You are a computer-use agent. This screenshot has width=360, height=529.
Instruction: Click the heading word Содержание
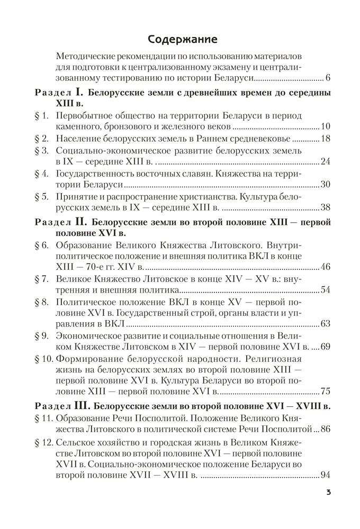point(179,39)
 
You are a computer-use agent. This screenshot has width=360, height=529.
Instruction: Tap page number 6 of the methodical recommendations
point(328,79)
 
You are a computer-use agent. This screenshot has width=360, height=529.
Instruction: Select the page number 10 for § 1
point(325,127)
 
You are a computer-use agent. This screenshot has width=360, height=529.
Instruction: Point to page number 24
point(325,162)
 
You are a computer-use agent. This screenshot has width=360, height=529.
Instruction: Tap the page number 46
point(325,266)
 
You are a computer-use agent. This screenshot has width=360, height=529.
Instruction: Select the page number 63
point(325,323)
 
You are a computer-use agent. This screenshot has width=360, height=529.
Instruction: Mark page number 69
point(325,346)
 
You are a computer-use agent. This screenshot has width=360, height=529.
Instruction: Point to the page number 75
point(325,391)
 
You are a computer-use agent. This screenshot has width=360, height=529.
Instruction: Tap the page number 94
point(325,475)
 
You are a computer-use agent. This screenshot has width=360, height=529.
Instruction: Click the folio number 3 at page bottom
point(328,494)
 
